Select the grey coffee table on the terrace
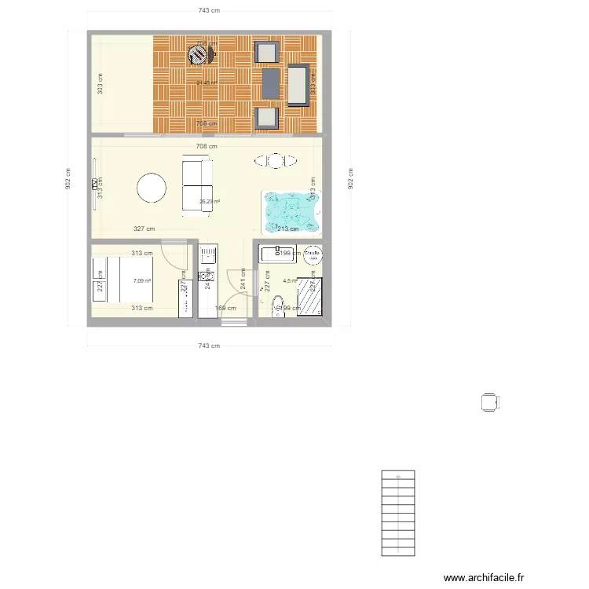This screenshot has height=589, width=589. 270,83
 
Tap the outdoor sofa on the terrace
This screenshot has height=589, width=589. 298,85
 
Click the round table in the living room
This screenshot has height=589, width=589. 151,188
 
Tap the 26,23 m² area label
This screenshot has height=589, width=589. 210,202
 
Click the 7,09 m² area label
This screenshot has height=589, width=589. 142,281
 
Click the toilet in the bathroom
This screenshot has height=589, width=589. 276,305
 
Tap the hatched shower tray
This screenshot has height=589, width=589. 311,296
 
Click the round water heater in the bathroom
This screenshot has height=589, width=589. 313,254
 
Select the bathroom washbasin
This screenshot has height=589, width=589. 276,253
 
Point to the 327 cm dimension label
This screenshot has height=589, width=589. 144,229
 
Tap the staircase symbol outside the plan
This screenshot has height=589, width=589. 398,513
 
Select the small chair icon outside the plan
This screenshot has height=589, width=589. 490,402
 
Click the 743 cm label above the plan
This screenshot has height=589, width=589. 208,10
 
